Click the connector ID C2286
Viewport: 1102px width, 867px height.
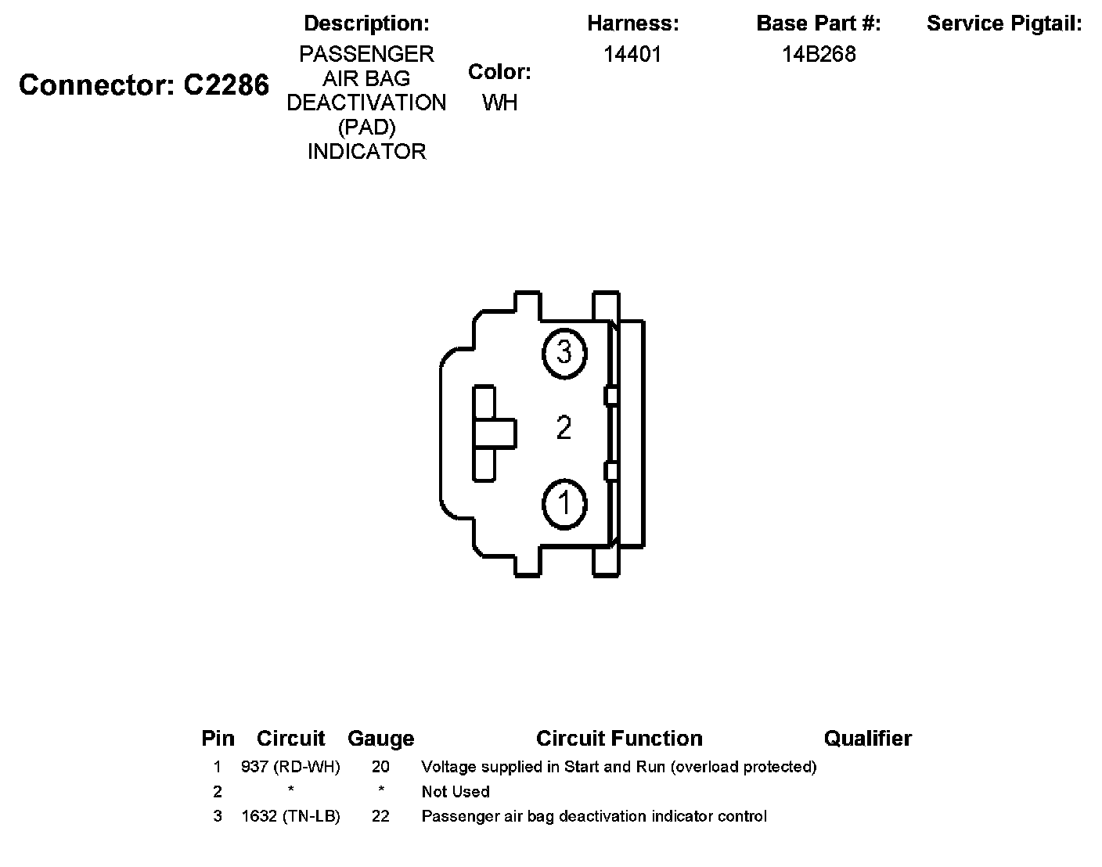point(226,85)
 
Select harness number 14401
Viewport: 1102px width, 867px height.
point(632,54)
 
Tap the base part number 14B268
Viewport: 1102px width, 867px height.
point(819,54)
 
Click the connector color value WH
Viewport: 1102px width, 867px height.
point(499,103)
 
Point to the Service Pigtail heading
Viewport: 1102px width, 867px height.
point(1004,23)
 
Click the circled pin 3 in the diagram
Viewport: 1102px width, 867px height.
point(564,352)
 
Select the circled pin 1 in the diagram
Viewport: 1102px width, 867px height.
point(564,502)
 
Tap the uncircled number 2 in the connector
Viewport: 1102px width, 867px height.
point(564,428)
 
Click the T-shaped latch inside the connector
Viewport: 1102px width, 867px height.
point(493,433)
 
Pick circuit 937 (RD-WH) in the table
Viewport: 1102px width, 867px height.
point(290,767)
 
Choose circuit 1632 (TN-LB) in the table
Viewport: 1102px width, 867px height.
point(290,816)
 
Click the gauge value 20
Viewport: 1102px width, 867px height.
point(380,767)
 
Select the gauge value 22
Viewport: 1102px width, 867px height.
point(380,816)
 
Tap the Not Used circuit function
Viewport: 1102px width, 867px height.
point(456,791)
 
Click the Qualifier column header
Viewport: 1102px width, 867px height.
point(867,739)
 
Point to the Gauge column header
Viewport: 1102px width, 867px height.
point(380,739)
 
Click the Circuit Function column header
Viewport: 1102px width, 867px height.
point(619,739)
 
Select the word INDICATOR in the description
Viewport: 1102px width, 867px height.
point(366,151)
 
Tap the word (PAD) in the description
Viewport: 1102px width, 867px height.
point(366,127)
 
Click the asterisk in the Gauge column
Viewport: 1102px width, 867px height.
point(380,791)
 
